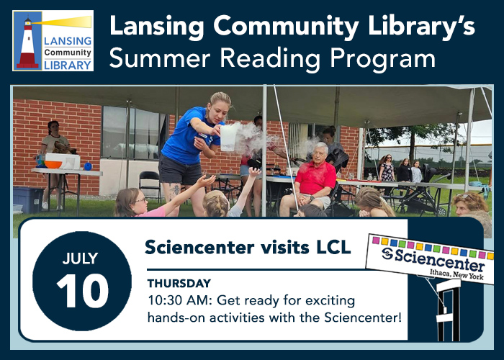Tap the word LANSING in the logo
point(68,41)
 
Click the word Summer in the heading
point(160,58)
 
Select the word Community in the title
point(287,27)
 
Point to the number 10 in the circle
point(83,291)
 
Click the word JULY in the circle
point(81,258)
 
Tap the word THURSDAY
point(179,284)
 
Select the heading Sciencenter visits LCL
point(248,247)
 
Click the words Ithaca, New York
point(456,274)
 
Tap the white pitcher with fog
point(229,138)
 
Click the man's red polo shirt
point(315,177)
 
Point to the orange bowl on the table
point(53,164)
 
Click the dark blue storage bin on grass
point(28,200)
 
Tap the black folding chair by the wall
point(150,186)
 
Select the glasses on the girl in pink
point(141,201)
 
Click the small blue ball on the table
point(88,166)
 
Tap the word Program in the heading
point(383,59)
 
